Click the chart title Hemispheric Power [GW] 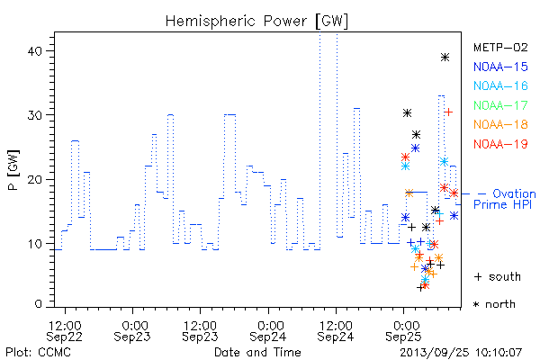click(256, 21)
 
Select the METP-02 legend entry click(500, 47)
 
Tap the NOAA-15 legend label click(500, 67)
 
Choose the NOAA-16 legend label click(500, 85)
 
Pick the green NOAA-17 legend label click(500, 105)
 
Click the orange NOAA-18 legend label click(500, 124)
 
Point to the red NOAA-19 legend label click(500, 144)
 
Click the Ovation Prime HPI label click(505, 199)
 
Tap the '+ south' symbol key click(498, 276)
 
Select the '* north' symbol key click(494, 304)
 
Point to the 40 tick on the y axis click(34, 51)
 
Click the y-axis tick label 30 click(34, 115)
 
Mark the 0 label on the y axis click(38, 304)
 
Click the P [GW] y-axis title click(14, 170)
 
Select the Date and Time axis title click(257, 352)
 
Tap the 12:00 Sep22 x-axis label click(65, 331)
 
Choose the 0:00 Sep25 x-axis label click(403, 331)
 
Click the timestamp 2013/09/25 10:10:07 click(461, 352)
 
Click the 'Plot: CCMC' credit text click(38, 352)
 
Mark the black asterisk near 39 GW click(445, 58)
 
